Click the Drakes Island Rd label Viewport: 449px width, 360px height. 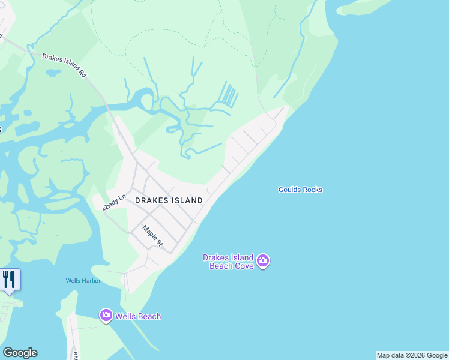pos(65,65)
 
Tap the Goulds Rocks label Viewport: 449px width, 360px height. pos(300,190)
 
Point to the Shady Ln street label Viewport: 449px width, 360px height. pos(114,202)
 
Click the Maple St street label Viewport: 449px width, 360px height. pos(152,235)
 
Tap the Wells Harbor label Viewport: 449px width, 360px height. pos(83,281)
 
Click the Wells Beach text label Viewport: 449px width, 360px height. pos(139,316)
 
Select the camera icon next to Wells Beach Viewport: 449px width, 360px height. pos(106,315)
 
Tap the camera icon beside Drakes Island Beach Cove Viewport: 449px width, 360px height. pos(263,261)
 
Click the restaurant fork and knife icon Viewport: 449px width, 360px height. pos(9,279)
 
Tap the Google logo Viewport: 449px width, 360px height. pos(20,353)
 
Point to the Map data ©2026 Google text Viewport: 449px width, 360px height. pos(412,355)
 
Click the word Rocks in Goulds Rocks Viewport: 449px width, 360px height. pos(312,190)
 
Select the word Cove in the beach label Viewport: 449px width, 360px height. pos(243,266)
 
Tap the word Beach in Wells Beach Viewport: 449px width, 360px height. pos(149,316)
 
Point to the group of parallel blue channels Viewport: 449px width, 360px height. pos(228,94)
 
